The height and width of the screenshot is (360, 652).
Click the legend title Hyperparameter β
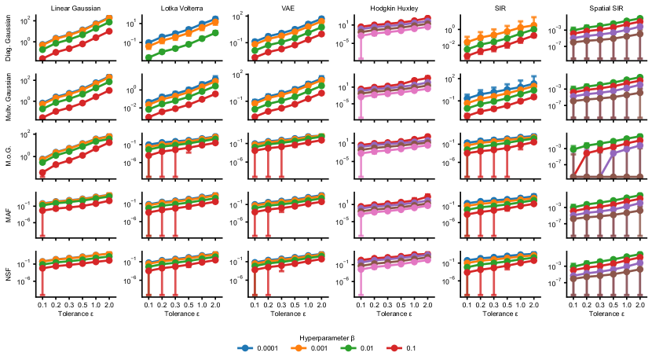click(326, 336)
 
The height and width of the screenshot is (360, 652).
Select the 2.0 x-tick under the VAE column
click(321, 304)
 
